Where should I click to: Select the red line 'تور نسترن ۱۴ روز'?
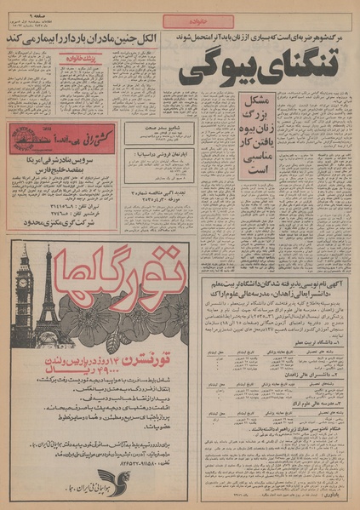click(111, 364)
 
